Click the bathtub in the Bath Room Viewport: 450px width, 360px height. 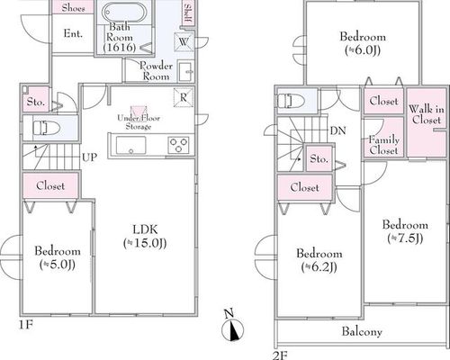pos(123,12)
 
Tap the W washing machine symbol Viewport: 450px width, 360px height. pos(184,41)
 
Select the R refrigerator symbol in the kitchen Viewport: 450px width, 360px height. pos(184,97)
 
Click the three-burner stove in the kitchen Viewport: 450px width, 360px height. pos(178,145)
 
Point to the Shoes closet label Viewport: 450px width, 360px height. pos(73,8)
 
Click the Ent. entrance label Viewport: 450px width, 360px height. pos(73,33)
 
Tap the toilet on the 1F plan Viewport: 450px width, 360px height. pos(46,128)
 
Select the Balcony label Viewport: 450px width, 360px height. pos(362,331)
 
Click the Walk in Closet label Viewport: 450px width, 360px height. pos(427,114)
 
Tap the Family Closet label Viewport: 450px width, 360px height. pos(384,145)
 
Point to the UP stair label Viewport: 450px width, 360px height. pos(89,157)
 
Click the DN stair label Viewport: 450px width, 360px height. pos(338,130)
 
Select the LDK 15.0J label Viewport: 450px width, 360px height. pos(145,236)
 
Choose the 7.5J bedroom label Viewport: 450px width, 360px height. pos(405,231)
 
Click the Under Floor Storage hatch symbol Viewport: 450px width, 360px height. pos(139,111)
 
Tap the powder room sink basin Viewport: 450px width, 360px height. pos(184,71)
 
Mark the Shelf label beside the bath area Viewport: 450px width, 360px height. pos(188,13)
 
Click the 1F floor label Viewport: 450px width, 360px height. pos(26,324)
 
